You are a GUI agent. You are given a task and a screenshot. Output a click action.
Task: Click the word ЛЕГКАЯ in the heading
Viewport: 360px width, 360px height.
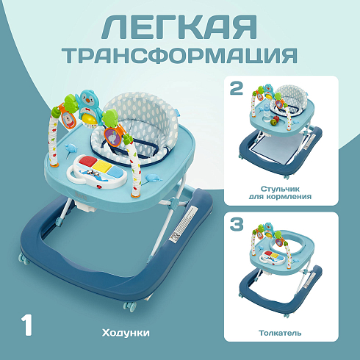click(179, 27)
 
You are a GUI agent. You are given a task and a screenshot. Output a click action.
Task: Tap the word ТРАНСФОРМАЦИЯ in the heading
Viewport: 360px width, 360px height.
click(181, 55)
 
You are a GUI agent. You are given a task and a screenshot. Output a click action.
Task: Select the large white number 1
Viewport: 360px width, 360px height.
click(26, 325)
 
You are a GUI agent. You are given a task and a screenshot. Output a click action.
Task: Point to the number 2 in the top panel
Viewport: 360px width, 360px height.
click(237, 88)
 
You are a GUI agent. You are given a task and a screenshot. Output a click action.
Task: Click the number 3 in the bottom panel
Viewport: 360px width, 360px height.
click(237, 224)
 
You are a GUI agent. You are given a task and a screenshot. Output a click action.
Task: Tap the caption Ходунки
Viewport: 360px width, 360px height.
click(126, 333)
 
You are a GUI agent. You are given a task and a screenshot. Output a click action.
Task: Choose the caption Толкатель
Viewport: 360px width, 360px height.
click(280, 333)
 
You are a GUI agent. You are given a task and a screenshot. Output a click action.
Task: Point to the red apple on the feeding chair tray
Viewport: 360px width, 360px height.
click(273, 120)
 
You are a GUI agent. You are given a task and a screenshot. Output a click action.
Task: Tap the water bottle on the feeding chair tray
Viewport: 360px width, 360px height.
click(267, 112)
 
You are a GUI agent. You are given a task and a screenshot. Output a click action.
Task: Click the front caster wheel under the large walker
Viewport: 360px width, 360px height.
click(129, 307)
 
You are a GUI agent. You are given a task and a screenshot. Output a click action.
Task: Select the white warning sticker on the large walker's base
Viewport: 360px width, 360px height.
click(183, 224)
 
